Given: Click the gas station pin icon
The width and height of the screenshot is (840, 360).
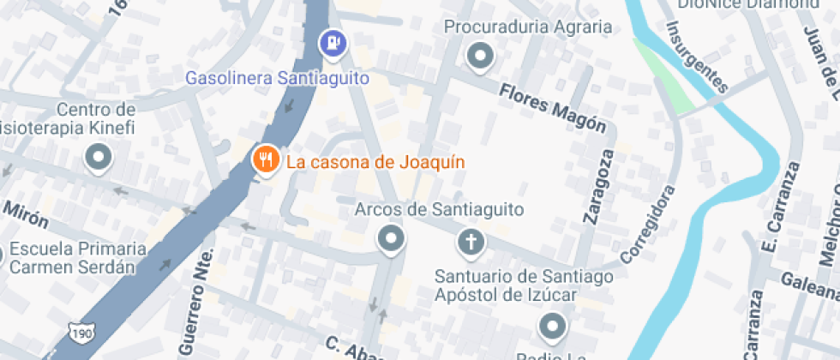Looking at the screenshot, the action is (333, 42).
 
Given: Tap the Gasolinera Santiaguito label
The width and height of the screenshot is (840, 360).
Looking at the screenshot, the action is (278, 78).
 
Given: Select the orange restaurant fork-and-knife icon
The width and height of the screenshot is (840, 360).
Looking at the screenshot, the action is (266, 159).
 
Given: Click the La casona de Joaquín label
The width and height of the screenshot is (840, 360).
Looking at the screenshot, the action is (375, 161).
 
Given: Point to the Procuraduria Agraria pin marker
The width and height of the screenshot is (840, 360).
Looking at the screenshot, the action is (480, 57).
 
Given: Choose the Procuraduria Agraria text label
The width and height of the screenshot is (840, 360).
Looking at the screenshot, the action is (528, 27).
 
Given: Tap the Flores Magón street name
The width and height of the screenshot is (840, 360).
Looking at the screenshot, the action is (553, 107).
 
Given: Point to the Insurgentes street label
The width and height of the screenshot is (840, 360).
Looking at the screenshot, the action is (697, 56).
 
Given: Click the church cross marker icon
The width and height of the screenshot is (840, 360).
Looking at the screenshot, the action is (470, 242).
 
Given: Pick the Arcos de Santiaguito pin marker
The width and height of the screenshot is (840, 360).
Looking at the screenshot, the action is (392, 239).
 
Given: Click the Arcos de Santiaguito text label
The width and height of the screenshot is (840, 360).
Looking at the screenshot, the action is (440, 209).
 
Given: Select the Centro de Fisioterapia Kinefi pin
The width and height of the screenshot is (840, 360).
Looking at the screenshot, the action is (99, 159).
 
